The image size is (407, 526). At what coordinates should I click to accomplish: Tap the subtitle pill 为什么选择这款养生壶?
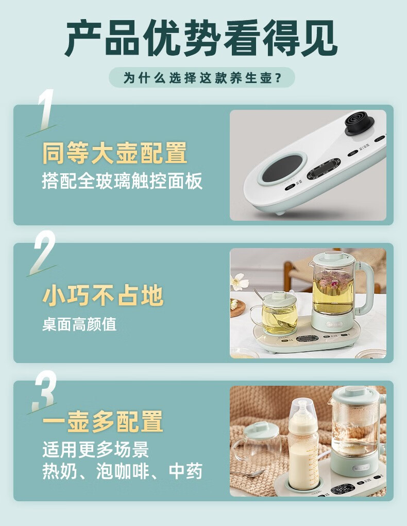(202, 77)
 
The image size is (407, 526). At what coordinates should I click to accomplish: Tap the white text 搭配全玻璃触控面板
(123, 182)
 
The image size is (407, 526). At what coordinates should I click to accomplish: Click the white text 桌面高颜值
(79, 324)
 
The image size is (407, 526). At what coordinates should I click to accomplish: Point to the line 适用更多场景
(95, 450)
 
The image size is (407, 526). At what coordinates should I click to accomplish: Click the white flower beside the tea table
(240, 281)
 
